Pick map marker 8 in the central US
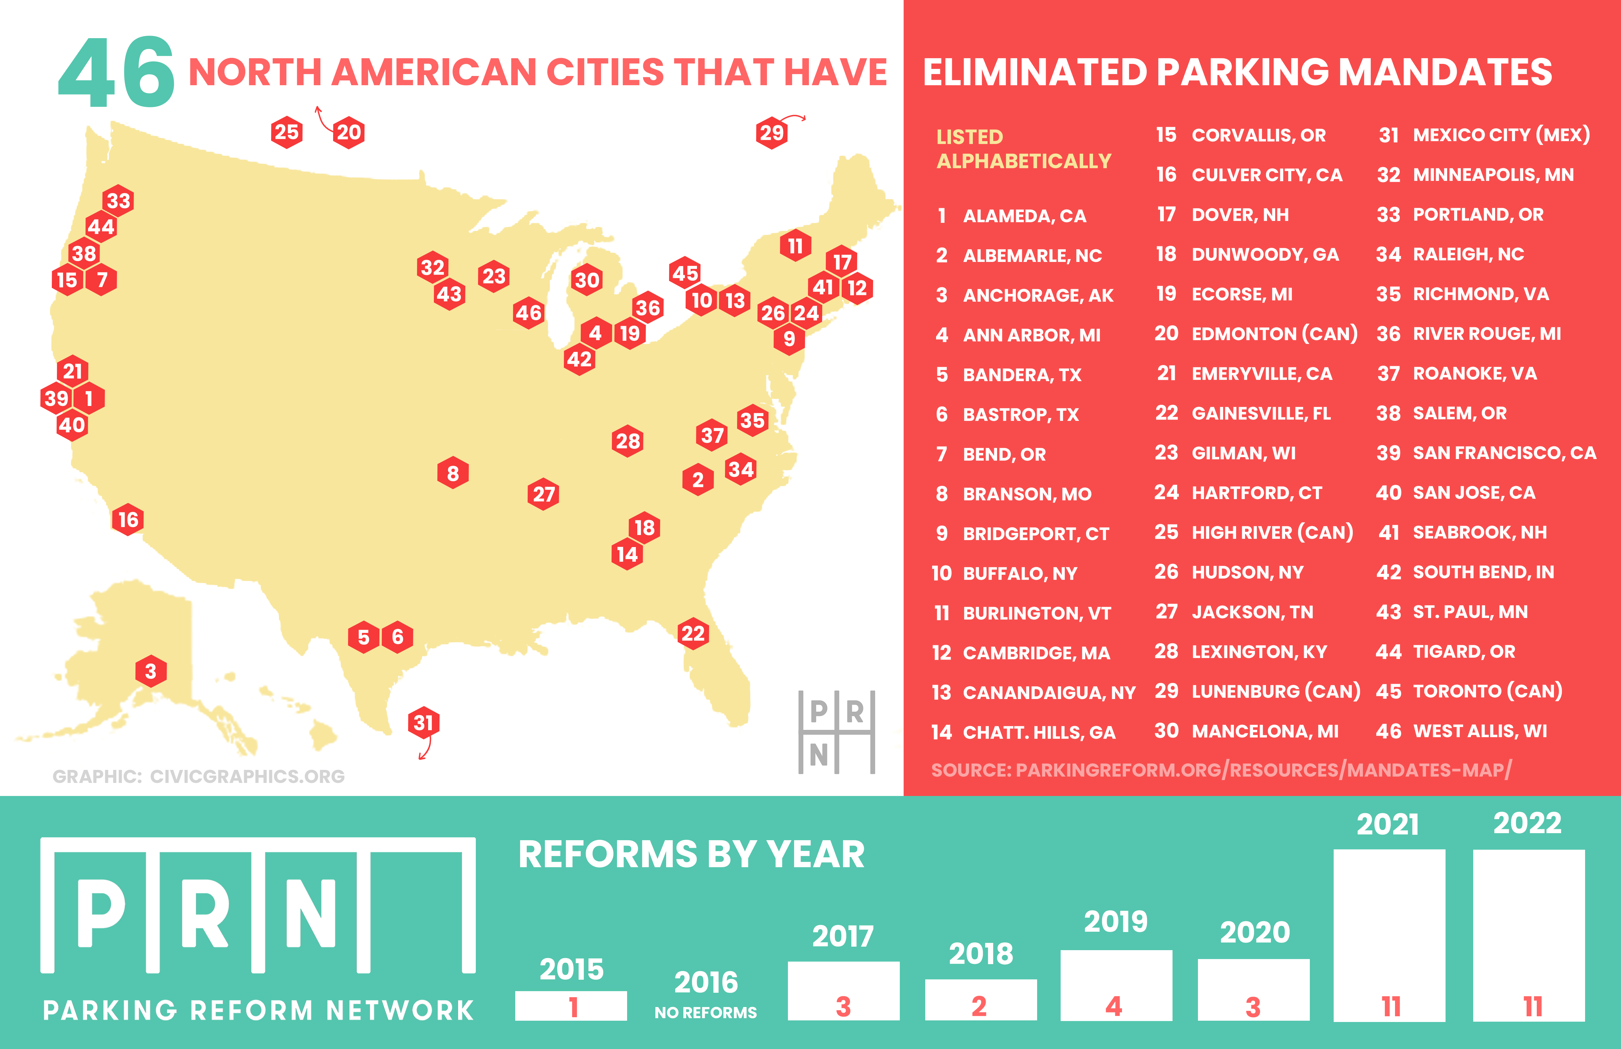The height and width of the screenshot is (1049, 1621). tap(453, 473)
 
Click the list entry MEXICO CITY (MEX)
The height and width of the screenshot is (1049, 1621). tap(1501, 135)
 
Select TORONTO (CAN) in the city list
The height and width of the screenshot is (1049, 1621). tap(1487, 691)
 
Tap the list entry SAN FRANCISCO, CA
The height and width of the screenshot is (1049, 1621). tap(1504, 453)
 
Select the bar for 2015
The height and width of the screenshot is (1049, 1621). tap(571, 1005)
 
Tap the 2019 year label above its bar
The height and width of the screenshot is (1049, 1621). tap(1116, 922)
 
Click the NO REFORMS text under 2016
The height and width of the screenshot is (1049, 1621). tap(706, 1013)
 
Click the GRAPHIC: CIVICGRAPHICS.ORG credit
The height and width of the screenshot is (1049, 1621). tap(198, 776)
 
